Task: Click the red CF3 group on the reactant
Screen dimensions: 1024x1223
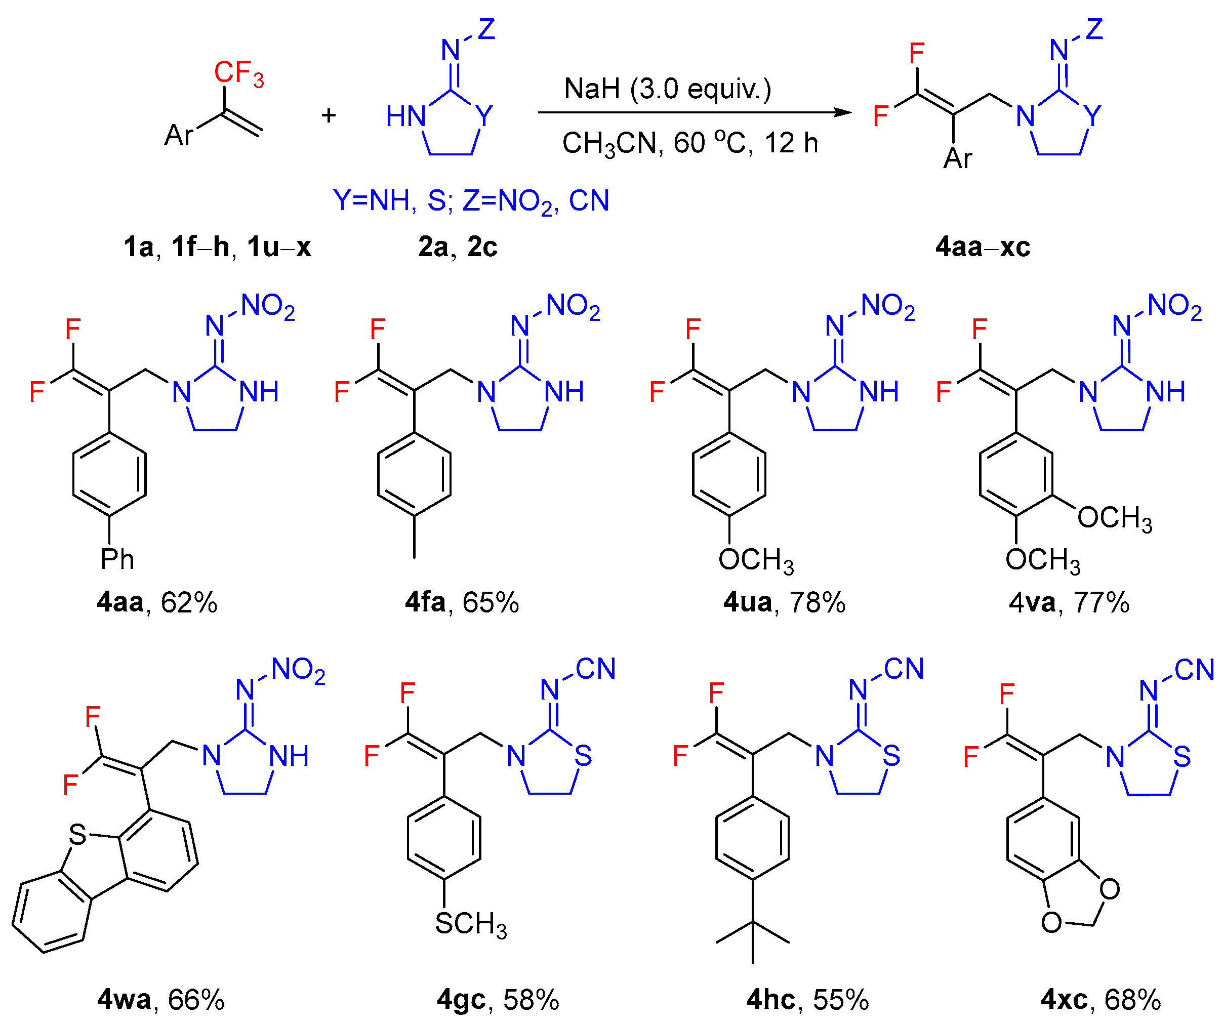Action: click(x=238, y=73)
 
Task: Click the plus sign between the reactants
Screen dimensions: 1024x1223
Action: click(x=329, y=115)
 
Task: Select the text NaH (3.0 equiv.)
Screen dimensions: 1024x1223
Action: click(x=667, y=89)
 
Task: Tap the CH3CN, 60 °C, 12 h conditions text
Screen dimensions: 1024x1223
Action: click(x=690, y=143)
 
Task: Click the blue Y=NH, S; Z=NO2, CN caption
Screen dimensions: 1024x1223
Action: click(x=471, y=201)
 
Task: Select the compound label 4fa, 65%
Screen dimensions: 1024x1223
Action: click(x=462, y=602)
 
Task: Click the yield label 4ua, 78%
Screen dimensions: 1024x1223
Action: click(x=784, y=602)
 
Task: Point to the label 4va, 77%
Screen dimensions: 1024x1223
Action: click(x=1069, y=602)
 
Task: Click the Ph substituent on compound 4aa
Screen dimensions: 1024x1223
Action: click(x=117, y=560)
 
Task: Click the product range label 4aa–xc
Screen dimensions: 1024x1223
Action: click(x=983, y=247)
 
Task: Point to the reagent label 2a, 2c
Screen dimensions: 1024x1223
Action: click(x=458, y=247)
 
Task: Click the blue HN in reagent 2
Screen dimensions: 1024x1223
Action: click(x=406, y=116)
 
